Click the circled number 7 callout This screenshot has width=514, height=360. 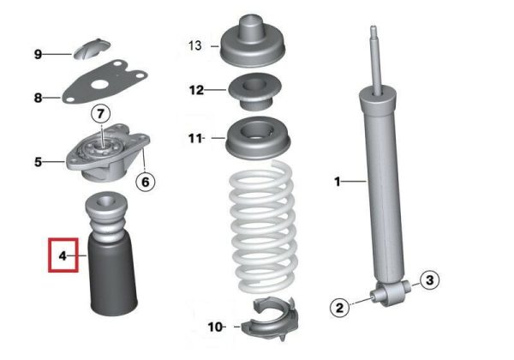[100, 114]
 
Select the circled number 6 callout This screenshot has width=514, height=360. [146, 182]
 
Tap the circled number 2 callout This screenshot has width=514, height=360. [339, 308]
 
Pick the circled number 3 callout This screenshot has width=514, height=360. [429, 280]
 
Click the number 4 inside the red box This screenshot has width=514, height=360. [63, 255]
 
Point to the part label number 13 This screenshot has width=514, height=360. [194, 45]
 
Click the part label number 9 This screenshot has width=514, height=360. [38, 54]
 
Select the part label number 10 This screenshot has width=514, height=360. [215, 327]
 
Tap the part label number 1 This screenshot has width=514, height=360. [338, 182]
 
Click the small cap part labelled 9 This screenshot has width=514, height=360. [91, 49]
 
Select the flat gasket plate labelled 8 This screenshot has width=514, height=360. [105, 82]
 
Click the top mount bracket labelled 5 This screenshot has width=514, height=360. [108, 153]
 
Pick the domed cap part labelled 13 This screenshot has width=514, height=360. [253, 41]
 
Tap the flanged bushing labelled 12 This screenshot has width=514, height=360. [254, 92]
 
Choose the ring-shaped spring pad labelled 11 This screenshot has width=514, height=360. [258, 138]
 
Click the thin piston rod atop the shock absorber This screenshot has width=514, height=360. [376, 59]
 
